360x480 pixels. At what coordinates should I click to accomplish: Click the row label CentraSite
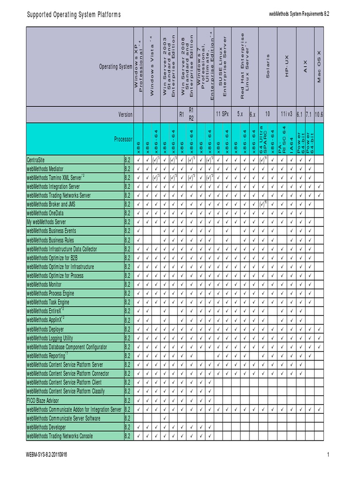pos(40,160)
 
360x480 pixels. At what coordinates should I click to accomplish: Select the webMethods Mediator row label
pos(45,169)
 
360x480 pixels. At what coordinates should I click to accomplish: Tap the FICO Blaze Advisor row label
pos(43,400)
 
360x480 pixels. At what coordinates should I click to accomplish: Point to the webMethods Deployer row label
pos(45,329)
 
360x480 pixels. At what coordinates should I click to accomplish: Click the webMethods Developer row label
pos(46,427)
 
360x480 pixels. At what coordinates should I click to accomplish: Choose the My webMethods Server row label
pos(46,222)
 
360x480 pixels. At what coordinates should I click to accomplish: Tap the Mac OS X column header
pos(319,67)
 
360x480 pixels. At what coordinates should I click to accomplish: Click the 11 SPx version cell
pos(222,114)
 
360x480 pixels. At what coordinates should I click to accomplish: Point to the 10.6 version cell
pos(319,114)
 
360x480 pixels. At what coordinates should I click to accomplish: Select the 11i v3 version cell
pos(286,114)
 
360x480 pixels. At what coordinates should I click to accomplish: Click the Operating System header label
pos(116,67)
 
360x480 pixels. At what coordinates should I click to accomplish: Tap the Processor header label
pos(123,139)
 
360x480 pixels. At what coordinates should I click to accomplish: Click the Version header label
pos(125,114)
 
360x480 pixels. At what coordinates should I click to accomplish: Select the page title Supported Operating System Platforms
pos(74,15)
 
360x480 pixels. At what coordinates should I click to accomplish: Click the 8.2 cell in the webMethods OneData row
pos(127,213)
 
